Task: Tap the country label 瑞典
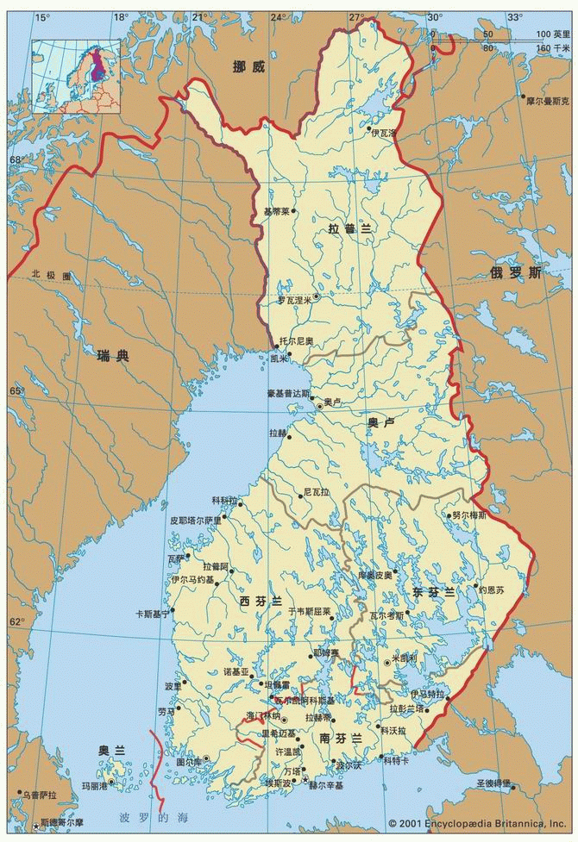pyautogui.click(x=112, y=354)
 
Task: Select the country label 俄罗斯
pyautogui.click(x=516, y=273)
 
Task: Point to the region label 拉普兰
pyautogui.click(x=349, y=228)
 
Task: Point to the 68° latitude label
pyautogui.click(x=15, y=159)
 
